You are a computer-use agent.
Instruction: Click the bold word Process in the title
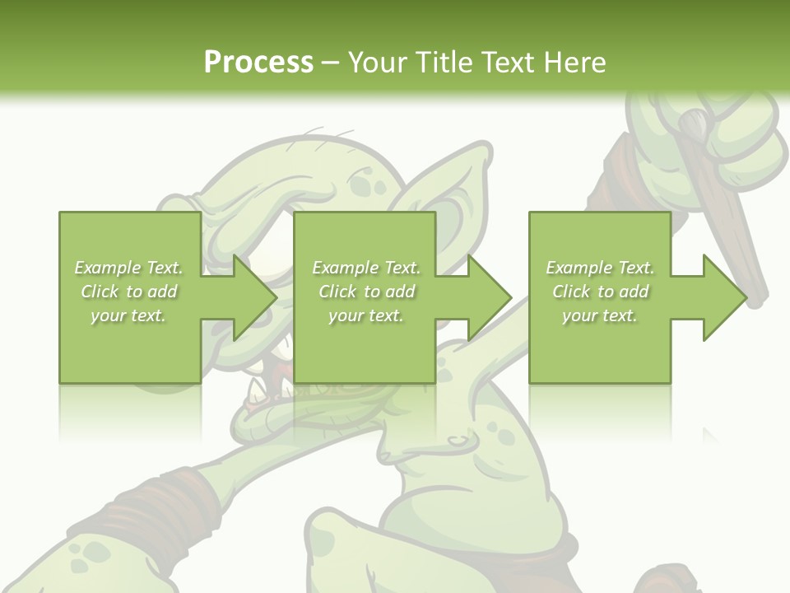tap(258, 62)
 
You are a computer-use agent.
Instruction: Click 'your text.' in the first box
tap(128, 315)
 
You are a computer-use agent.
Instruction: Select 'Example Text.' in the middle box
tap(366, 268)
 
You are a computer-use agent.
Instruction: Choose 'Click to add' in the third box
tap(601, 292)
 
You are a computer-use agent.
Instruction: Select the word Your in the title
tap(379, 62)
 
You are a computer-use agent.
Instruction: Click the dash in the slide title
tap(330, 63)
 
